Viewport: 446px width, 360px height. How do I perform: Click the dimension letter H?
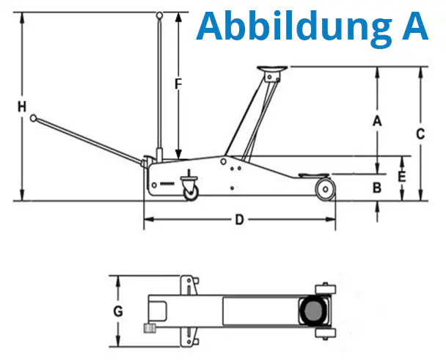pyautogui.click(x=23, y=107)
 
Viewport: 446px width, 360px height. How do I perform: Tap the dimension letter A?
pyautogui.click(x=377, y=121)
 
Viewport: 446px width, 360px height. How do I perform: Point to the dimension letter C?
pyautogui.click(x=420, y=133)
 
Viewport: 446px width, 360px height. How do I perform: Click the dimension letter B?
pyautogui.click(x=377, y=188)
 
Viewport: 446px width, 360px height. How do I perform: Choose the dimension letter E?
pyautogui.click(x=402, y=177)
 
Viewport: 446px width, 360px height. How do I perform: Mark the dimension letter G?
pyautogui.click(x=118, y=311)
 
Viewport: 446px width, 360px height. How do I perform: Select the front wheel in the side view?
pyautogui.click(x=324, y=190)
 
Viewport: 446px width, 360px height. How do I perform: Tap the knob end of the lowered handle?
pyautogui.click(x=34, y=116)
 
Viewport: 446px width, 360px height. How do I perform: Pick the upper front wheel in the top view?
pyautogui.click(x=323, y=288)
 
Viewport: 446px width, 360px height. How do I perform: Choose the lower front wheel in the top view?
pyautogui.click(x=323, y=334)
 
